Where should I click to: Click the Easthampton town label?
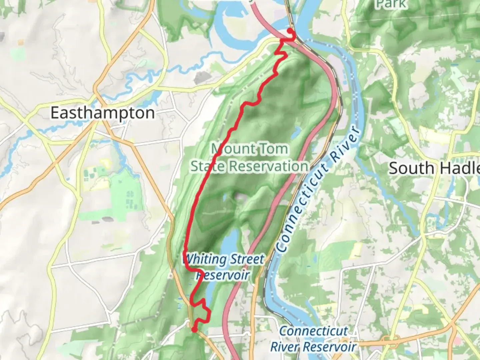[103, 113]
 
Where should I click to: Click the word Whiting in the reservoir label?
[202, 259]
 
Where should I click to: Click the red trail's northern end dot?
[290, 31]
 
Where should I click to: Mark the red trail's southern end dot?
[194, 330]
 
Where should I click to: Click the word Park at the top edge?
[391, 4]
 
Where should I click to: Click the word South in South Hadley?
[411, 168]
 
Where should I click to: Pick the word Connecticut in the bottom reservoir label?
[313, 331]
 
